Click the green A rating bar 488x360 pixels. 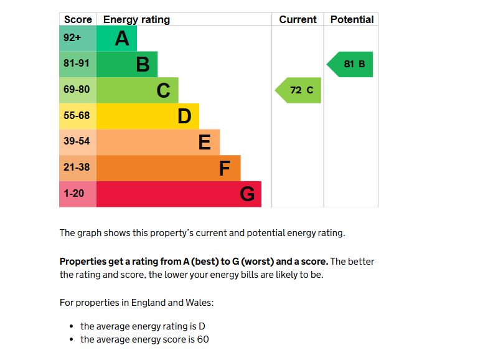116,39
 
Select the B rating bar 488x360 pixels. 127,64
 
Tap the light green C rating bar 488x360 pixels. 137,90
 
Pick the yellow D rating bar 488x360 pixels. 148,116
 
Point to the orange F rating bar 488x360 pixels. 168,168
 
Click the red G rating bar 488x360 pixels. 179,194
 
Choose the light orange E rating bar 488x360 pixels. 158,142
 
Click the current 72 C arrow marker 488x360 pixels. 299,90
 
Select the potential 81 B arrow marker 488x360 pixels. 351,64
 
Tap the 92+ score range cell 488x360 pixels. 77,39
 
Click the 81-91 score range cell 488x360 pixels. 77,64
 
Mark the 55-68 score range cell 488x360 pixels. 77,116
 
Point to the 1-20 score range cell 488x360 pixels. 77,194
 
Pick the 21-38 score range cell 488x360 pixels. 77,168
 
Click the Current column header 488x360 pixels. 298,19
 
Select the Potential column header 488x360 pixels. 352,19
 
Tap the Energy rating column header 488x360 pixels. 136,19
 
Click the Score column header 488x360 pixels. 78,19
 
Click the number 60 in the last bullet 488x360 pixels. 203,339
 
